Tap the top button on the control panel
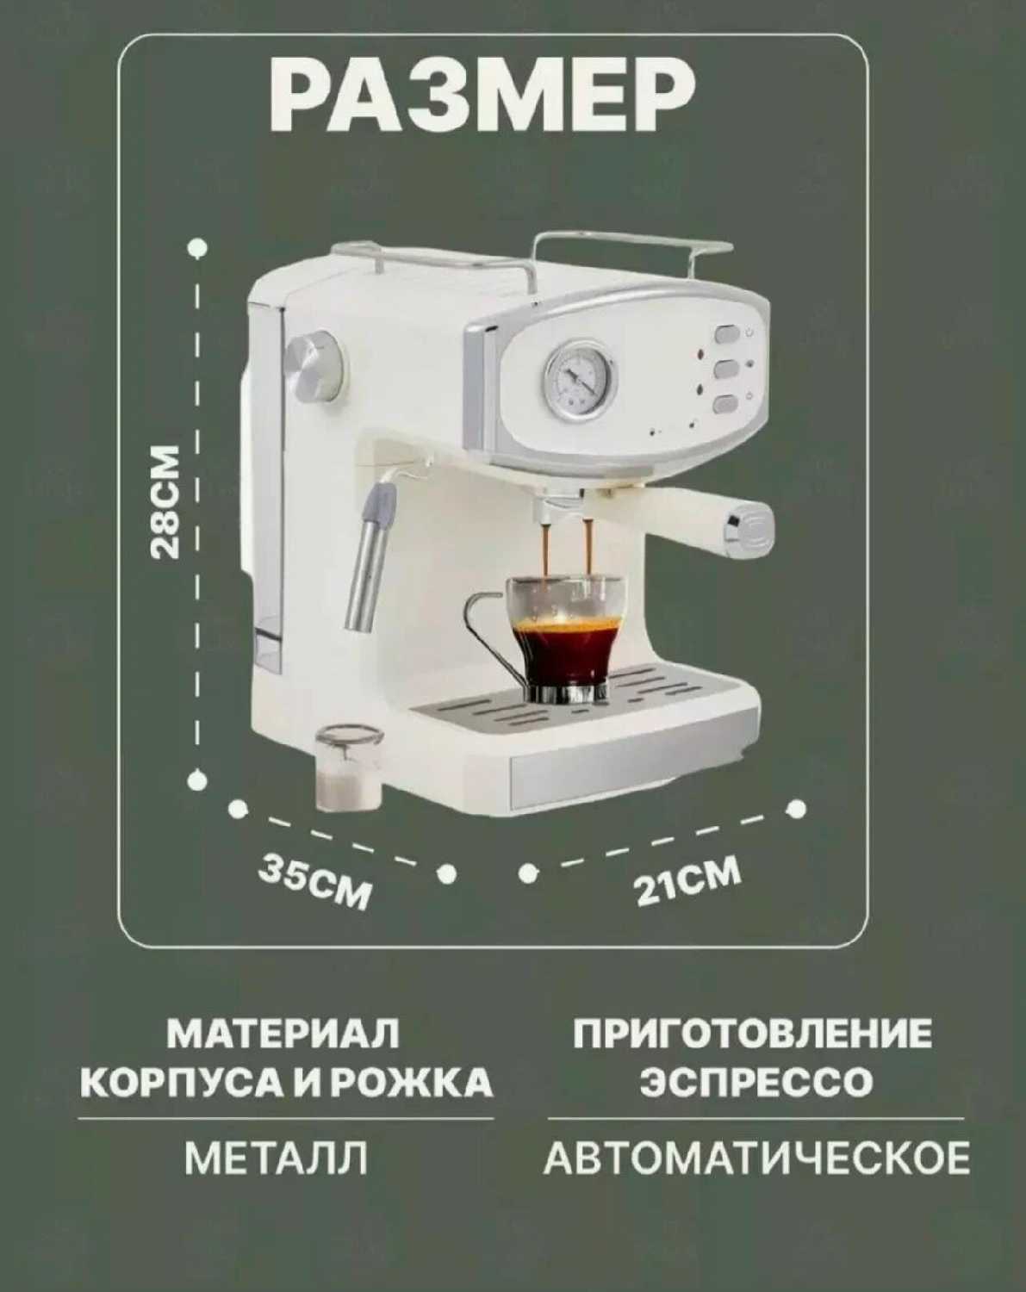coord(725,333)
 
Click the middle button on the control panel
coord(725,369)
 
